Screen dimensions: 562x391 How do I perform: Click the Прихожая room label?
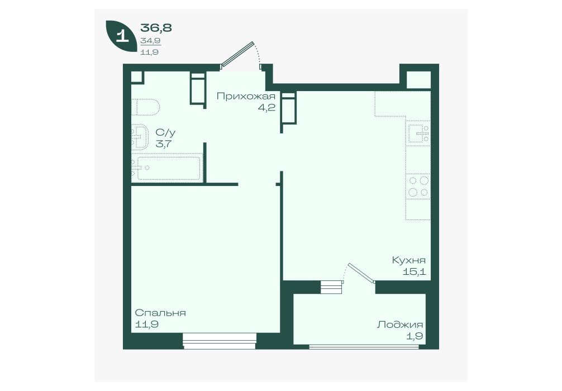246,97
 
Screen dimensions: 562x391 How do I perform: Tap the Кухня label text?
408,260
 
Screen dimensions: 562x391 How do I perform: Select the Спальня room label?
160,313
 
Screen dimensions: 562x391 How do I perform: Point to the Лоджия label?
399,325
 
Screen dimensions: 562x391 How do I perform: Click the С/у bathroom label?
165,132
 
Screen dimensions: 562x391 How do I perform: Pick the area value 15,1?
415,271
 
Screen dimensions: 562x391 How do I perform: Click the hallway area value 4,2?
266,107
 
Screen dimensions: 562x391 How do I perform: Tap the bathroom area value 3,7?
164,144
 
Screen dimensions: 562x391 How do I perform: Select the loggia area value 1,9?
415,336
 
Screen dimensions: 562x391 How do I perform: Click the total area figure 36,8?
156,27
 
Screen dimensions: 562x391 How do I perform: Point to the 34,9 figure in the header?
150,41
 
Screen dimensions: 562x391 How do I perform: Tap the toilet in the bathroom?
145,107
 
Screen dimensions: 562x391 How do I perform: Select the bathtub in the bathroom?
166,168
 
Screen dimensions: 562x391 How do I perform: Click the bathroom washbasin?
140,136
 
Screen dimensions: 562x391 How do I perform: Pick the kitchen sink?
418,133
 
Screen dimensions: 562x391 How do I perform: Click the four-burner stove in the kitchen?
418,187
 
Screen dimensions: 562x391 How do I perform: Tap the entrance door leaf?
237,55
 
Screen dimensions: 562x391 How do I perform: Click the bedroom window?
220,341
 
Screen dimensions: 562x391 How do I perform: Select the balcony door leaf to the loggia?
361,273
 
